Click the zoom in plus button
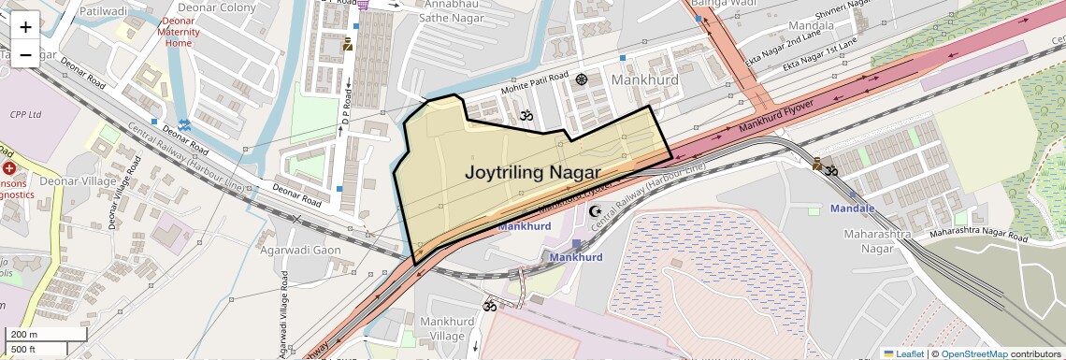pyautogui.click(x=25, y=26)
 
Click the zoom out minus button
pyautogui.click(x=25, y=54)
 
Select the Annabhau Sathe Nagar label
pyautogui.click(x=434, y=10)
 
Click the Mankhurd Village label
pyautogui.click(x=448, y=329)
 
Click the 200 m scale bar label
pyautogui.click(x=24, y=334)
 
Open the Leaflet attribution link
pyautogui.click(x=903, y=353)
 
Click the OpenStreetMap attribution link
pyautogui.click(x=973, y=353)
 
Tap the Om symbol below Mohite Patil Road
pyautogui.click(x=525, y=117)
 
